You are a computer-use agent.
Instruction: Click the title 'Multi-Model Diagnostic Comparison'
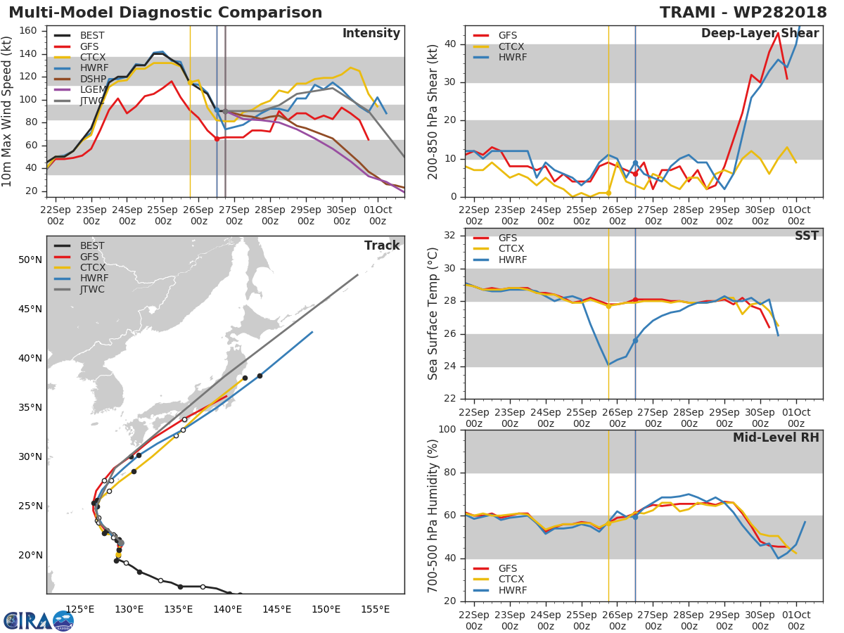click(165, 13)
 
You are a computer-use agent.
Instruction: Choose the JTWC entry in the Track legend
click(92, 290)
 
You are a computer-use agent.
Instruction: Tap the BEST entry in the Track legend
click(92, 246)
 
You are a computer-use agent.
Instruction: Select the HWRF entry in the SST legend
click(512, 260)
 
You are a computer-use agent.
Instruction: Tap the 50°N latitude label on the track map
click(30, 260)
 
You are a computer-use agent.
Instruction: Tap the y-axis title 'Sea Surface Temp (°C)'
click(433, 314)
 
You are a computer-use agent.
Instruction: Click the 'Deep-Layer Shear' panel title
click(760, 34)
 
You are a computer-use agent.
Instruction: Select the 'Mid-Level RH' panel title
click(775, 438)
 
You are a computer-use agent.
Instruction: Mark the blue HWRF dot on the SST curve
click(635, 340)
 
